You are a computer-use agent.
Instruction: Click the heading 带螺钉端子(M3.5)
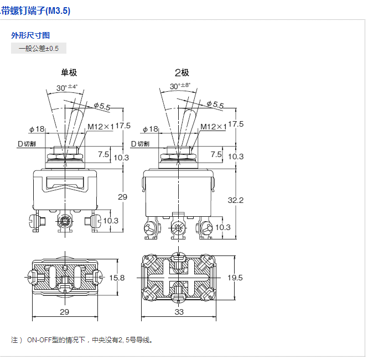pos(35,11)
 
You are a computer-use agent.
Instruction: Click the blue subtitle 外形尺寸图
pos(31,35)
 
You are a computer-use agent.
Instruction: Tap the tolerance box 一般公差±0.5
pos(39,49)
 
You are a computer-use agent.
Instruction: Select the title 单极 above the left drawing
pos(69,72)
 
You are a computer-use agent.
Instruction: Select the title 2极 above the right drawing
pos(182,72)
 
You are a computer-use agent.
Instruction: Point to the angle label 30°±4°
pos(67,87)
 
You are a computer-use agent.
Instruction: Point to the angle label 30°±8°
pos(180,86)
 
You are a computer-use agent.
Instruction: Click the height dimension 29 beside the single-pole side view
pos(123,197)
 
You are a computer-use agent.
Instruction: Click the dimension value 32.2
pos(236,200)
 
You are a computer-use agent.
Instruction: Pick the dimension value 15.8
pos(117,277)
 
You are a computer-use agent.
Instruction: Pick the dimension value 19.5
pos(236,278)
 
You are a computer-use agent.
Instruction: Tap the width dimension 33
pos(179,312)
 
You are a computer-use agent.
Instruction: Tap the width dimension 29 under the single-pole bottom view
pos(65,312)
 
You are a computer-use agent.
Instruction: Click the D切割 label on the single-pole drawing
pos(27,144)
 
